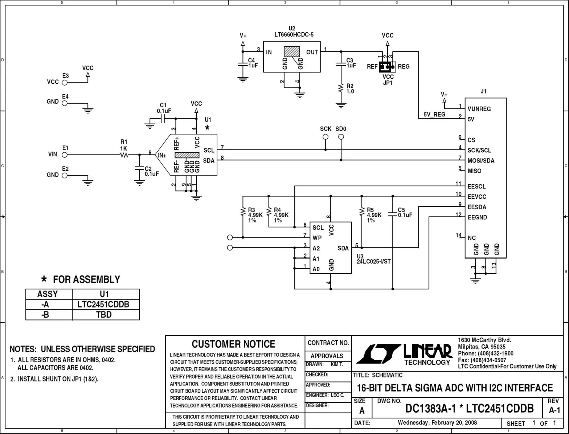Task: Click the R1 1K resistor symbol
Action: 124,155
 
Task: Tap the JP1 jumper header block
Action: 387,67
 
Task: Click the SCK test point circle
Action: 326,137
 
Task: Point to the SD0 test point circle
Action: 341,137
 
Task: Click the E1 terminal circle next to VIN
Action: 65,155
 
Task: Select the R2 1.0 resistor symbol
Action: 341,88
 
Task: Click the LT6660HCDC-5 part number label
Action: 294,34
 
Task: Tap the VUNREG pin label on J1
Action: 479,109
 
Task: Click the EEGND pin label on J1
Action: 477,217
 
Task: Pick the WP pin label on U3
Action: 317,238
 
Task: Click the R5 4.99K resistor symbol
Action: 361,212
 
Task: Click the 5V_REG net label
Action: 434,115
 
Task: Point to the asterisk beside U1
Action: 207,128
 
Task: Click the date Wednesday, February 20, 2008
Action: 437,422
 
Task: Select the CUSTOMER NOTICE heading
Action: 233,344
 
